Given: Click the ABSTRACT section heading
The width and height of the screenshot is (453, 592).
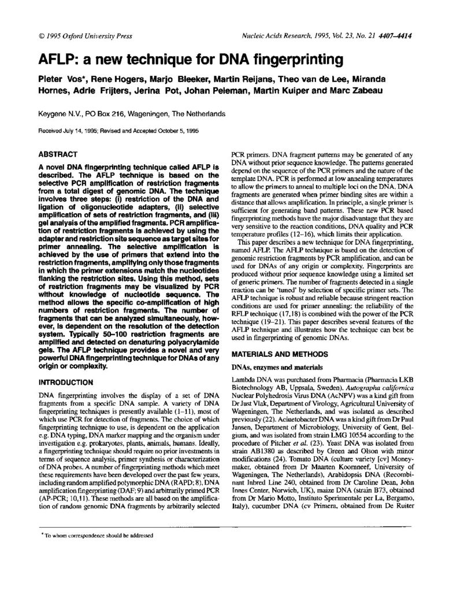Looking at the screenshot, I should pyautogui.click(x=57, y=155).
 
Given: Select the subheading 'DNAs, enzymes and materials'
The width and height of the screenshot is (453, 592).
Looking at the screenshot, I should pyautogui.click(x=271, y=366).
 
